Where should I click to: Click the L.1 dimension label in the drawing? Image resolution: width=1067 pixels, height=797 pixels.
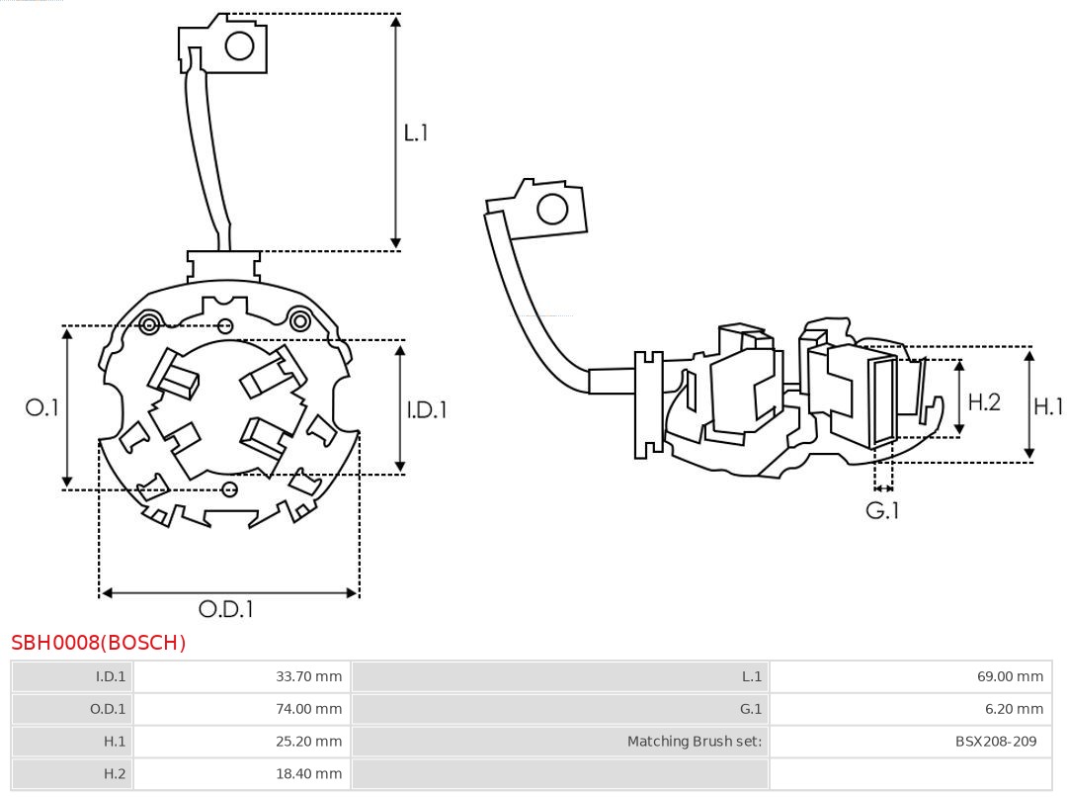[416, 132]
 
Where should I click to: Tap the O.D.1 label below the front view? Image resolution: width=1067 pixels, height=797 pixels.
[226, 609]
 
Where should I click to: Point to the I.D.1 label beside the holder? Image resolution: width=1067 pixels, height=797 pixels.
[427, 408]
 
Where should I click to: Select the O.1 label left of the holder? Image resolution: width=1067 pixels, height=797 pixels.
[42, 406]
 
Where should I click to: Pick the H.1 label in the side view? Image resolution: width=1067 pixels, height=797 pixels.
[1048, 405]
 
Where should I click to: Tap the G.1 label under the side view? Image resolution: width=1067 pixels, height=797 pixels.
[882, 510]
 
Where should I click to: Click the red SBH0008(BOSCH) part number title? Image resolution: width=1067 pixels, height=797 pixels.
[99, 643]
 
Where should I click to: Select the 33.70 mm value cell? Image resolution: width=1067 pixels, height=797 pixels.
[308, 676]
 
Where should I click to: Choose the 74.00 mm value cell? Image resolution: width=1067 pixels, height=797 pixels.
[308, 709]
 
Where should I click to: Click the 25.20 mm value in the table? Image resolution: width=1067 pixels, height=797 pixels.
[308, 742]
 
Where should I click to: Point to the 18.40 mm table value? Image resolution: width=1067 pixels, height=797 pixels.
[308, 774]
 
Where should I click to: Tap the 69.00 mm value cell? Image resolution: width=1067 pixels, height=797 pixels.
[1010, 676]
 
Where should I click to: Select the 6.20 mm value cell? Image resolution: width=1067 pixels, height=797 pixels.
[1014, 709]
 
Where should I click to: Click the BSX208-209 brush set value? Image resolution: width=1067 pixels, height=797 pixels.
[996, 742]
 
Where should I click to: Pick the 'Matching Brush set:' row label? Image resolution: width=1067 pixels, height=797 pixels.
[695, 742]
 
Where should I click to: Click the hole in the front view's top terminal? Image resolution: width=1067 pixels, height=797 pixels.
[240, 45]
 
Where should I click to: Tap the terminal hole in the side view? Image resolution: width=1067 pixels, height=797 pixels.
[551, 210]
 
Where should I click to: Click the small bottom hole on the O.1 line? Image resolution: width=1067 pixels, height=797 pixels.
[230, 488]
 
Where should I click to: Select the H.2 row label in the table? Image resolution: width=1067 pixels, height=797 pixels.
[115, 774]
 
